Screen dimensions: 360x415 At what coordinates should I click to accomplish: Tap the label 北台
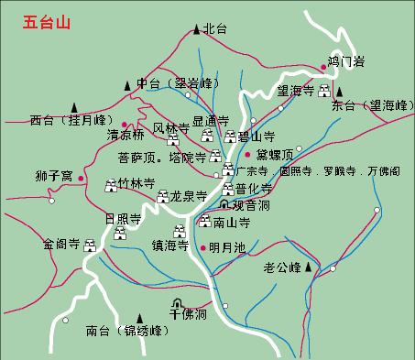[x=214, y=29]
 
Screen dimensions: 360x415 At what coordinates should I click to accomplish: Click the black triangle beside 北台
[x=196, y=29]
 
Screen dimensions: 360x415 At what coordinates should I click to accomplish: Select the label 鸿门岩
[x=345, y=61]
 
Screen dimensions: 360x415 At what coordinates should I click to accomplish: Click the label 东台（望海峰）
[x=371, y=105]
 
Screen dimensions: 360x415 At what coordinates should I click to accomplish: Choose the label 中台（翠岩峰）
[x=173, y=84]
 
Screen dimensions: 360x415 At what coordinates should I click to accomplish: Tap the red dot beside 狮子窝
[x=81, y=176]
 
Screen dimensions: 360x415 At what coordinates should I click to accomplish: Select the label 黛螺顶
[x=274, y=154]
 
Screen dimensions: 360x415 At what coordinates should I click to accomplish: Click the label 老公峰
[x=282, y=268]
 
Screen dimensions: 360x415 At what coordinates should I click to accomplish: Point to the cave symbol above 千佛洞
[x=178, y=303]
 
